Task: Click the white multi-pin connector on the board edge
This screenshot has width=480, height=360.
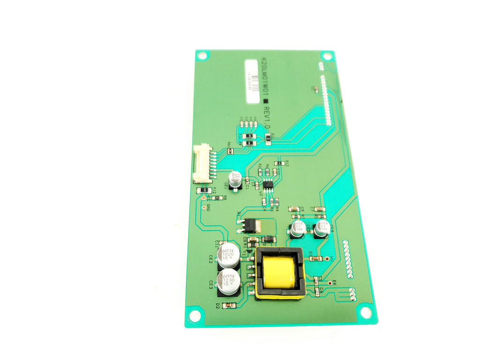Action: click(x=202, y=163)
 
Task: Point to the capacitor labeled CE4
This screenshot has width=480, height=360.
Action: click(x=322, y=228)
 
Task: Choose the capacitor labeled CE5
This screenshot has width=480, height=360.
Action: click(x=298, y=228)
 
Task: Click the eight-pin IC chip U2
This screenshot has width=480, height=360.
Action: click(x=268, y=185)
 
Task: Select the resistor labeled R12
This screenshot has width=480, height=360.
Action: click(x=204, y=190)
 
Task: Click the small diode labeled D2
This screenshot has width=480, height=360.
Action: click(x=229, y=305)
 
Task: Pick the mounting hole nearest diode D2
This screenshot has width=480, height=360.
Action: click(x=195, y=316)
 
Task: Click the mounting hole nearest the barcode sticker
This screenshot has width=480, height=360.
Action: click(x=202, y=56)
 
